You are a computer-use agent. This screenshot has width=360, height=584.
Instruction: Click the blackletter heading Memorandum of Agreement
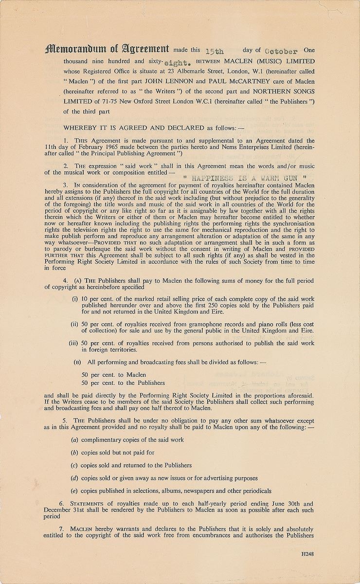click(107, 49)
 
